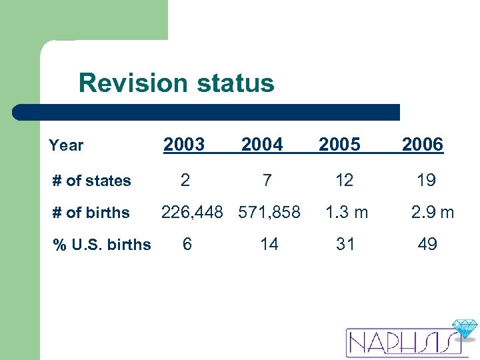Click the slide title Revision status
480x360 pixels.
tap(176, 83)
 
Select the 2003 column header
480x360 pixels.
tap(184, 144)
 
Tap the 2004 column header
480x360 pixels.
tap(262, 144)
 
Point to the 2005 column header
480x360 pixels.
tap(339, 144)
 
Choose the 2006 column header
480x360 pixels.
tap(422, 144)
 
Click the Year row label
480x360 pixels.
tap(66, 145)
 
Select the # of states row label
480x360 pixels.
tap(92, 181)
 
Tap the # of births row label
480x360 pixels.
tap(91, 213)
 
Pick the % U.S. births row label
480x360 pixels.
tap(102, 245)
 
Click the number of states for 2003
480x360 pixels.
tap(185, 180)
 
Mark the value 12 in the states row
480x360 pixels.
tap(345, 180)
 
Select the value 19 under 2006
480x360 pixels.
tap(426, 180)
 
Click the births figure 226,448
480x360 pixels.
tap(197, 212)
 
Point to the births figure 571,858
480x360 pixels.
tap(269, 212)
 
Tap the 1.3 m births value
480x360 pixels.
tap(346, 212)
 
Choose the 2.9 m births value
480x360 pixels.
tap(432, 212)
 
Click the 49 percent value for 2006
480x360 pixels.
tap(427, 244)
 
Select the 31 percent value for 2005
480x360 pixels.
tap(345, 244)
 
